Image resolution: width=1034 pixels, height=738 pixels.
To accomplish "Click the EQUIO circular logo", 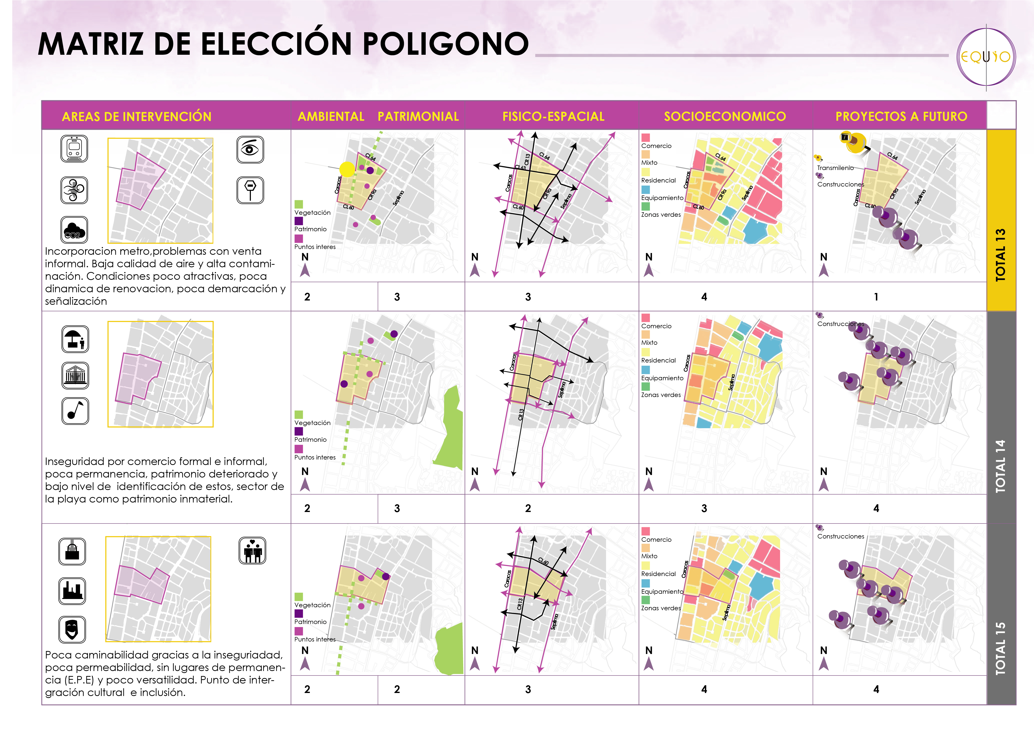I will click(x=986, y=57).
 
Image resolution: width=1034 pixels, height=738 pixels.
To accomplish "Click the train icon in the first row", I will click(x=74, y=148).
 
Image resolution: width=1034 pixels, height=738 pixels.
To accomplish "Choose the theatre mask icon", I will click(x=72, y=629).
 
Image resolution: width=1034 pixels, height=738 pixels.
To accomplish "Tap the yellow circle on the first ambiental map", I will click(x=347, y=169).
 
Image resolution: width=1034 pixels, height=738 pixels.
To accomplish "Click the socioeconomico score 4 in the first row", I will click(x=704, y=297).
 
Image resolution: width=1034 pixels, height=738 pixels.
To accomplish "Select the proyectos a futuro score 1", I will click(x=876, y=297).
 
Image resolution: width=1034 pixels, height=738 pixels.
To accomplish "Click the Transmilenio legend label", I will click(x=835, y=168).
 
